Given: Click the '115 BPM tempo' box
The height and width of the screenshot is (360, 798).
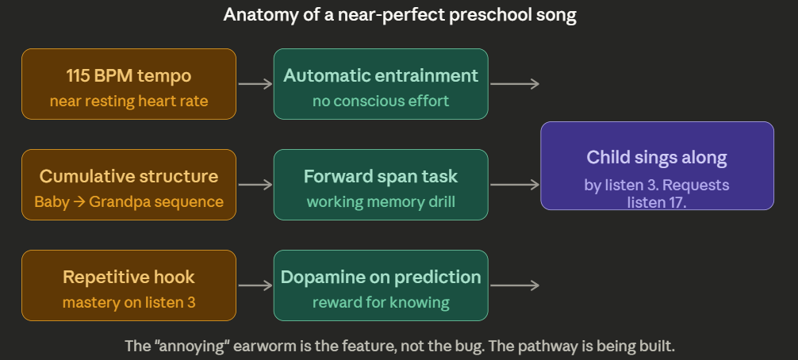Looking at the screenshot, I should click(129, 84).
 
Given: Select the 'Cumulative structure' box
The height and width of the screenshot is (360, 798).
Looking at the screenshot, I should click(129, 185).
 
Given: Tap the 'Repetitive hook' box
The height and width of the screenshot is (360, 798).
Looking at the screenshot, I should click(129, 285).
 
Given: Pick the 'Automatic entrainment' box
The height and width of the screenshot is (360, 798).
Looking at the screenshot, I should click(381, 84).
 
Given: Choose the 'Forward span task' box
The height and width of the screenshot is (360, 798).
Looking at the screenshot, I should click(381, 185).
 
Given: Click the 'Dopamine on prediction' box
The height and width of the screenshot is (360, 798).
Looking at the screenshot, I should click(381, 285).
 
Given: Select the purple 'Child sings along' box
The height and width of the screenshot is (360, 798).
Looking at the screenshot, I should click(657, 166).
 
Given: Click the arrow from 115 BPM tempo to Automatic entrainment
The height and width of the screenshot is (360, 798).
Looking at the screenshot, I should click(255, 84).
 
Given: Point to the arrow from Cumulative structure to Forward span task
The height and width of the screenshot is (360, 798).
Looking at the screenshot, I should click(255, 185).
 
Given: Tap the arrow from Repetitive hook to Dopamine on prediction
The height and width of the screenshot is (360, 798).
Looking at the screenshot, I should click(255, 285).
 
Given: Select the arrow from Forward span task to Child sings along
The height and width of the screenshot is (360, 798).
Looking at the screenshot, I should click(515, 185).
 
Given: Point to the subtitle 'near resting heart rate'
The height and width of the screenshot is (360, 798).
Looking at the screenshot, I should click(129, 101).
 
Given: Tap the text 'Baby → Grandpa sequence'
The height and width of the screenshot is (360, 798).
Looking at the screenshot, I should click(129, 201).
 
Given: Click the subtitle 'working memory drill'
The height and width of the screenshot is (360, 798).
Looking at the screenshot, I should click(381, 201).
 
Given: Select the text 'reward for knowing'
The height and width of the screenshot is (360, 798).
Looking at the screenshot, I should click(381, 302).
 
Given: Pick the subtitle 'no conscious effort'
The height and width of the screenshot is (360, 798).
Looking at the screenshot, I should click(381, 101).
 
